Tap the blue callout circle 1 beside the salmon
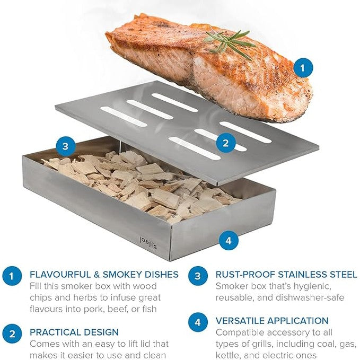[x=303, y=67]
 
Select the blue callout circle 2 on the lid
[x=226, y=142]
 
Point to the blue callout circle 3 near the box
[x=65, y=146]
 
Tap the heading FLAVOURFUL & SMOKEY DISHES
[x=104, y=275]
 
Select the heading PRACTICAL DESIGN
[x=74, y=332]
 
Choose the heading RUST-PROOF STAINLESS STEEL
[x=286, y=275]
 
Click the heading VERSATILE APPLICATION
[x=272, y=321]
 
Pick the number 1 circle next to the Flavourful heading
[x=12, y=276]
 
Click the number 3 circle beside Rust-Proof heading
[x=198, y=276]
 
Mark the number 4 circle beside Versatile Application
[x=198, y=322]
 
